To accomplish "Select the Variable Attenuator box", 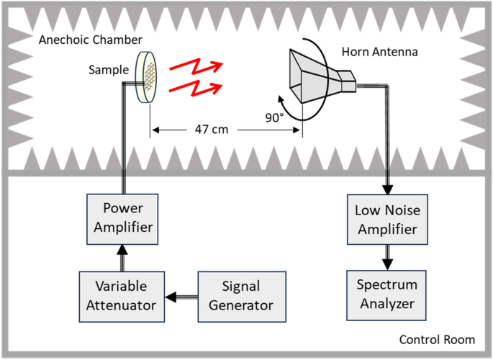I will click(122, 295).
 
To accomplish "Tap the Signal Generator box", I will click(241, 295).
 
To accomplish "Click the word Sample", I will click(107, 71).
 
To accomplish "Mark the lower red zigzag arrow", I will click(193, 89).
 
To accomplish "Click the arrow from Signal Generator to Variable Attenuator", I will click(180, 295).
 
